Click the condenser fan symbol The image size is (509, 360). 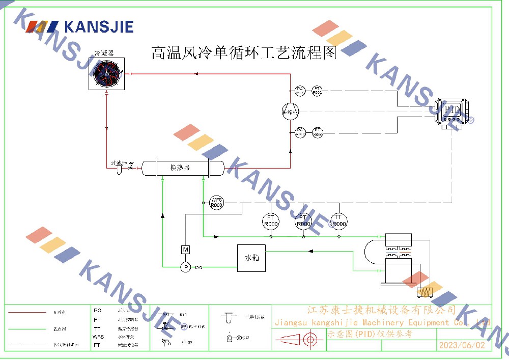[107, 74]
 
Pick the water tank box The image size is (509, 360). [251, 258]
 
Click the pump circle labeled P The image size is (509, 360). [186, 267]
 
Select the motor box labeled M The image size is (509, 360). [186, 250]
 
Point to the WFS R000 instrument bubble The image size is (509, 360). [217, 202]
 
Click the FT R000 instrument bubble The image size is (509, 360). [271, 220]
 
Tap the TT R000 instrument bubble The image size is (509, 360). [338, 220]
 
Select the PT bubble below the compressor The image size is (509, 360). [318, 132]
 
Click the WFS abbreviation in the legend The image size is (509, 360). [98, 337]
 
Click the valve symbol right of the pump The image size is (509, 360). [199, 267]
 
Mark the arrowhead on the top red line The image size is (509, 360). [195, 74]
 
